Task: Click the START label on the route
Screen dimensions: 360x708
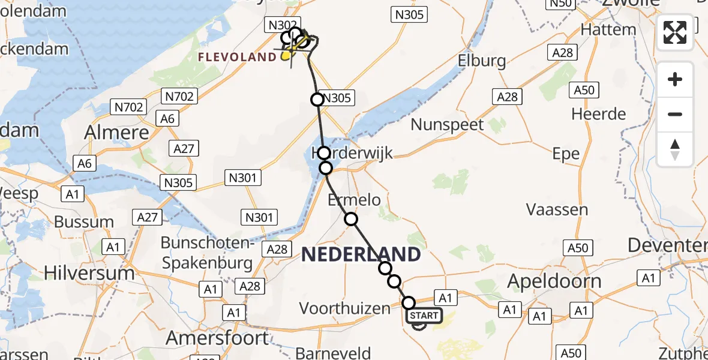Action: pos(424,316)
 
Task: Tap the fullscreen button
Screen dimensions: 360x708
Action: pos(675,32)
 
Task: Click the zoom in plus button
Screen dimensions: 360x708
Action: pos(675,79)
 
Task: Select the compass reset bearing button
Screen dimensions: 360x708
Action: pos(675,149)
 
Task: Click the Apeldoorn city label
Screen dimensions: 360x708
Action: pos(554,281)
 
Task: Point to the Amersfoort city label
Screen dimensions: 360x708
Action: pos(217,338)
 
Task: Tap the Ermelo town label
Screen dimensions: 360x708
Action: pos(354,200)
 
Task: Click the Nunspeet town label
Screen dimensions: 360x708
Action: pos(447,125)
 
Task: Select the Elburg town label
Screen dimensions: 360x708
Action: pos(481,61)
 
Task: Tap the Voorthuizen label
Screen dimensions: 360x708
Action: pos(344,308)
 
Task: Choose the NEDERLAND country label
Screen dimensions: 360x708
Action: pos(361,254)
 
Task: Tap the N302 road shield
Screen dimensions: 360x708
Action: pos(282,25)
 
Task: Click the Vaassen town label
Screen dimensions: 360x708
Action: pos(557,209)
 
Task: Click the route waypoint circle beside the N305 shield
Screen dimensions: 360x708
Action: pos(317,100)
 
